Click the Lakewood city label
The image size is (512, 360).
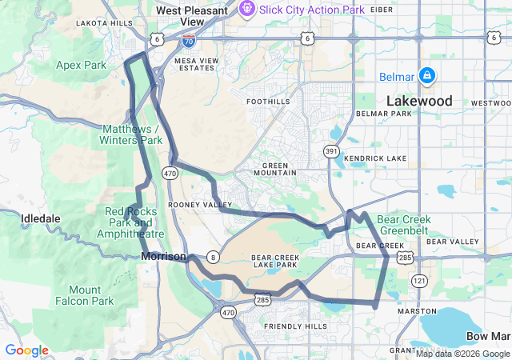(419, 102)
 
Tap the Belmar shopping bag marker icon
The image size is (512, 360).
(427, 75)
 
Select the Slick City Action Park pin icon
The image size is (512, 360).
(246, 9)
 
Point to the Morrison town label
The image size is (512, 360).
(163, 256)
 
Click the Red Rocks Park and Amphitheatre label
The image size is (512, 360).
(130, 222)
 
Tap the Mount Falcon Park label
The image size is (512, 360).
(85, 295)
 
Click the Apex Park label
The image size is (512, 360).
(81, 65)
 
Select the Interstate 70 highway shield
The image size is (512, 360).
(190, 38)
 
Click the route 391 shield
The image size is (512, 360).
(331, 150)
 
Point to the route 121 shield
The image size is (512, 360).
(419, 280)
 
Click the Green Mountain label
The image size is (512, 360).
(274, 168)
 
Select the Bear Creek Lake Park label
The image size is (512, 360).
(275, 261)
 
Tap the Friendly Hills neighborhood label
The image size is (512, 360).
(294, 326)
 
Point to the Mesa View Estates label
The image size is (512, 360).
(196, 63)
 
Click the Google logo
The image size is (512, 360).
(26, 350)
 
